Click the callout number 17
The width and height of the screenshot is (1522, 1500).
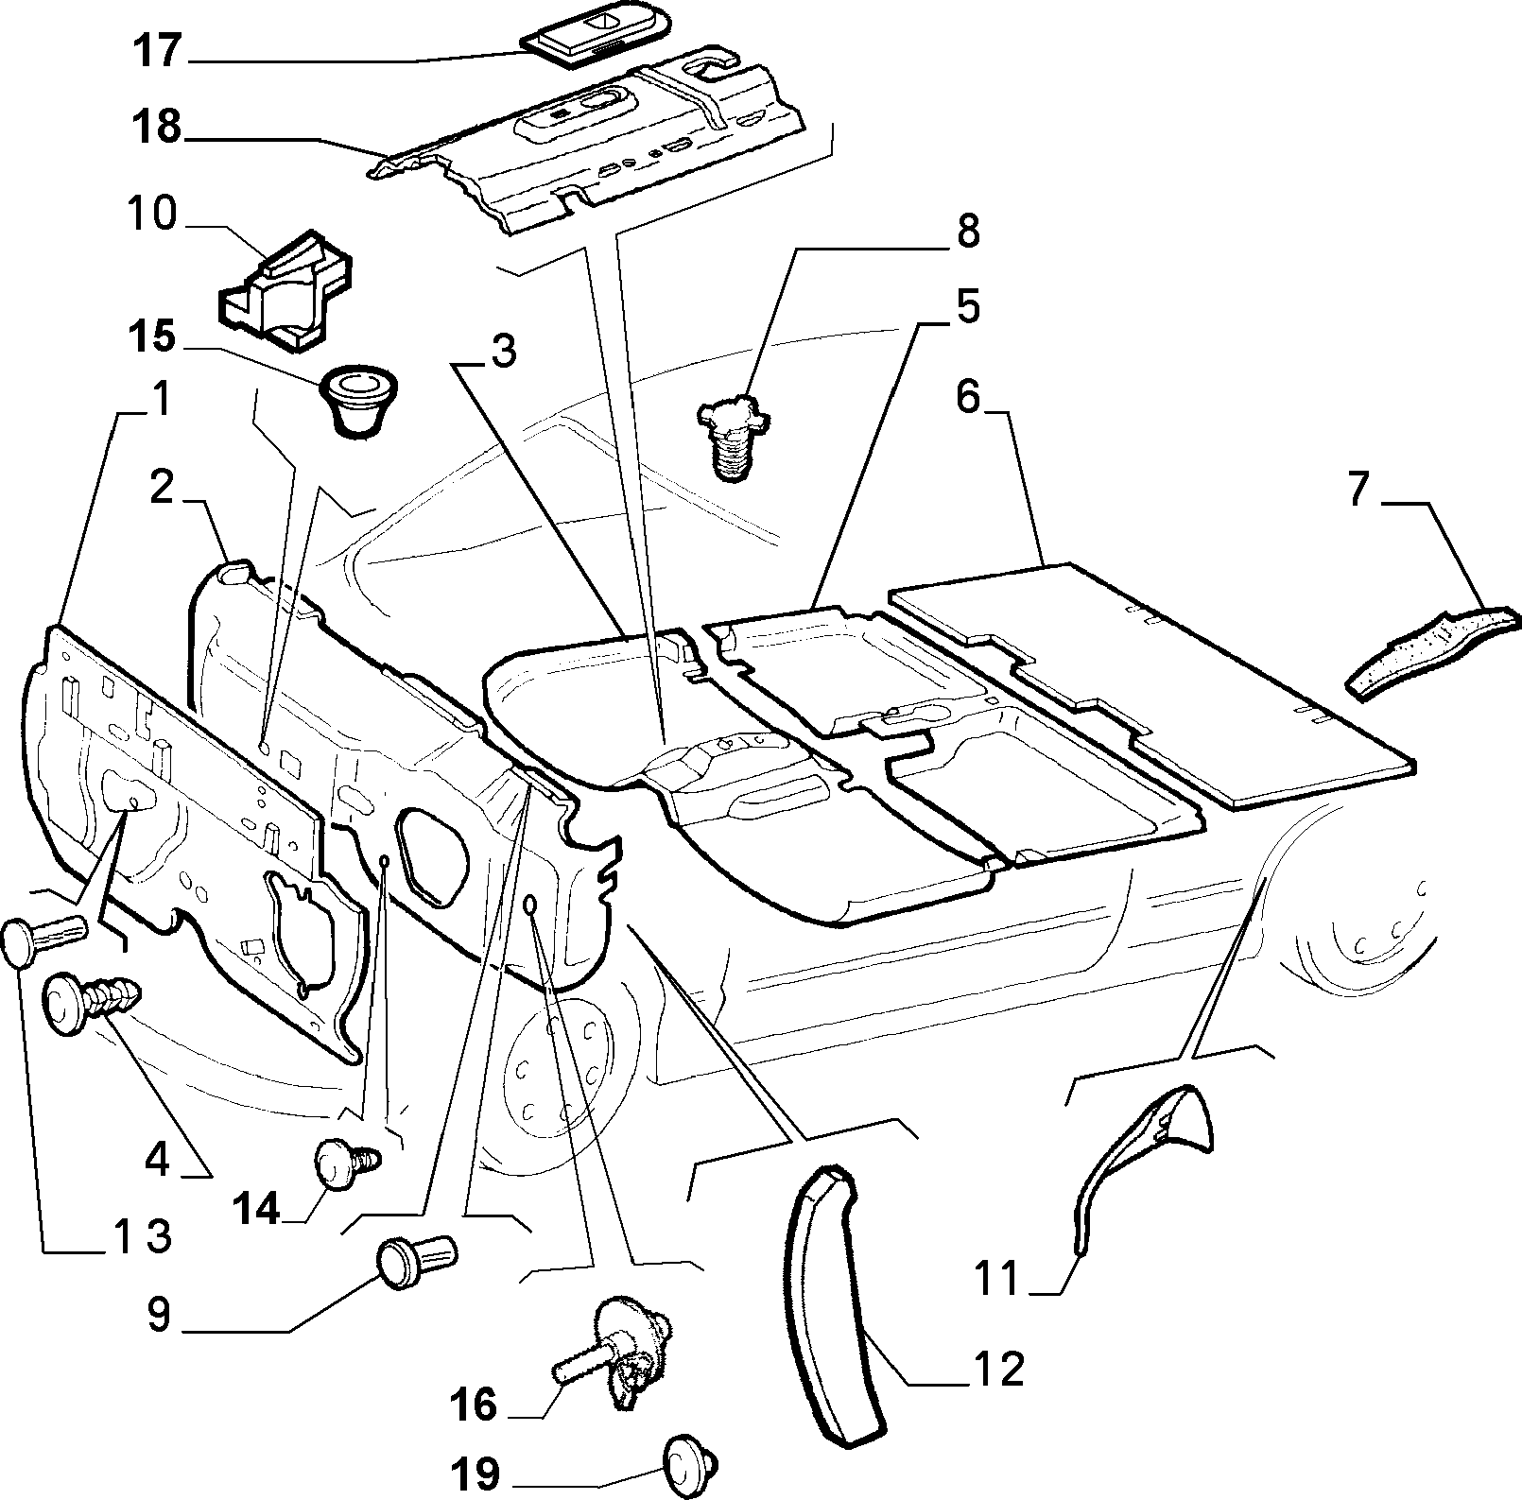pyautogui.click(x=155, y=51)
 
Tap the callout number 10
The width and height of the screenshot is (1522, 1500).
pyautogui.click(x=151, y=215)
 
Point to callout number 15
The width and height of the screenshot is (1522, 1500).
pyautogui.click(x=151, y=337)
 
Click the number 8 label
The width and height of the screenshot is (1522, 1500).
pyautogui.click(x=967, y=232)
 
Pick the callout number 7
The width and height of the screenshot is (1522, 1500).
pyautogui.click(x=1358, y=492)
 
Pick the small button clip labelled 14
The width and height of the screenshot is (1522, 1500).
pyautogui.click(x=347, y=1162)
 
